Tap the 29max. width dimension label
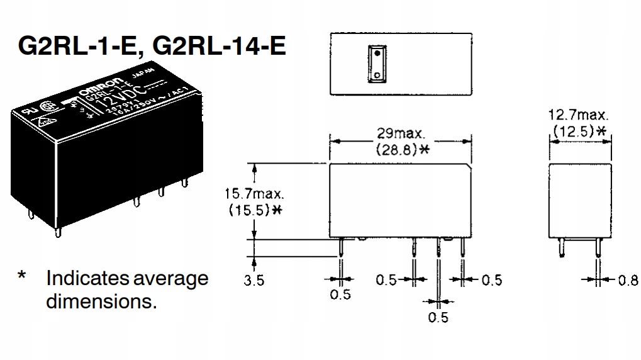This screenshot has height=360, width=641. click(401, 133)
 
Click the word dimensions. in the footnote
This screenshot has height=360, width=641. click(101, 301)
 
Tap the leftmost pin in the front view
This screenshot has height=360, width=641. click(340, 249)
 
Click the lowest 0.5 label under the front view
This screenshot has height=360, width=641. click(438, 318)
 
